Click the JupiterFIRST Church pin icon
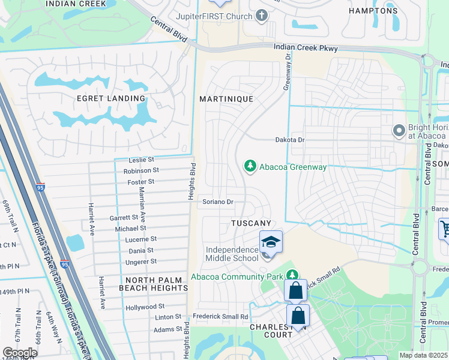click(261, 15)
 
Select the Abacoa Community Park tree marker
click(292, 275)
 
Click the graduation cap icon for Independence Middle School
click(271, 242)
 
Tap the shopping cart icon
click(445, 229)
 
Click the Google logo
click(20, 353)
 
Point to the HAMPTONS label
click(373, 11)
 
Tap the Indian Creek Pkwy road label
click(306, 48)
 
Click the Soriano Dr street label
click(217, 202)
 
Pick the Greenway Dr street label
click(288, 71)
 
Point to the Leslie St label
click(141, 160)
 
